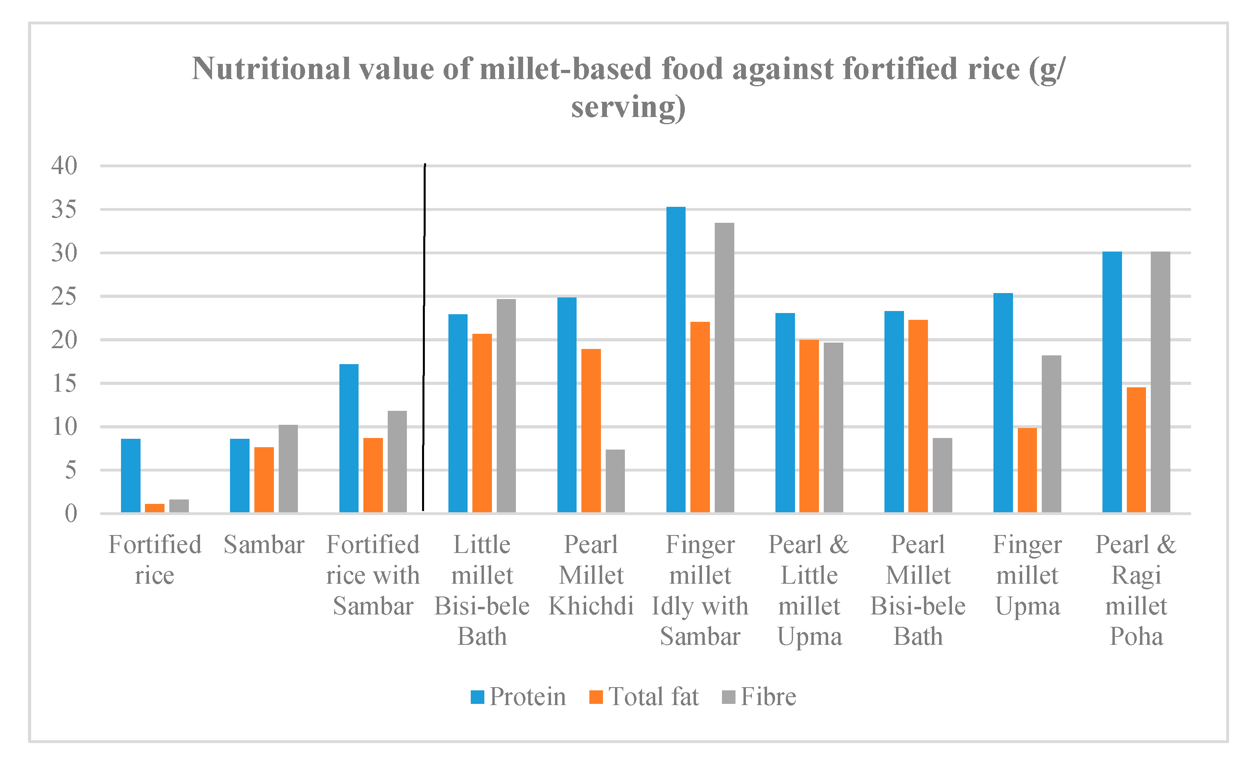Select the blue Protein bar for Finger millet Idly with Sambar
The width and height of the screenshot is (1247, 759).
tap(676, 360)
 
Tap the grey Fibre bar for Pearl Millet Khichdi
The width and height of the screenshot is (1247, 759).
tap(615, 481)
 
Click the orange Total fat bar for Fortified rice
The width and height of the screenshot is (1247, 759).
tap(155, 507)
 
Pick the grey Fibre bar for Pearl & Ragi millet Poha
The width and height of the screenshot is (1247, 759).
tap(1160, 382)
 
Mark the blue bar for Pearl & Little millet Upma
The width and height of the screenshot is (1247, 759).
tap(785, 413)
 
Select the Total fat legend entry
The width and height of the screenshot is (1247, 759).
tap(644, 697)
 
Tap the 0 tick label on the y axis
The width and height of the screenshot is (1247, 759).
tap(71, 513)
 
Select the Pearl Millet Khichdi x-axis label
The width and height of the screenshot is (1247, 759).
tap(591, 575)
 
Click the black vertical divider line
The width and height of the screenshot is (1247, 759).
tap(424, 334)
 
